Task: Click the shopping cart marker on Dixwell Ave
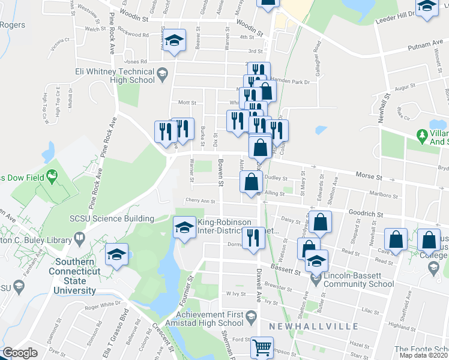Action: (261, 347)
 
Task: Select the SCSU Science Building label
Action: (120, 218)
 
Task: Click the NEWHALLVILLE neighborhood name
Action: (314, 326)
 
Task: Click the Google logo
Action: (20, 353)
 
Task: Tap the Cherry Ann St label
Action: (200, 201)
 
